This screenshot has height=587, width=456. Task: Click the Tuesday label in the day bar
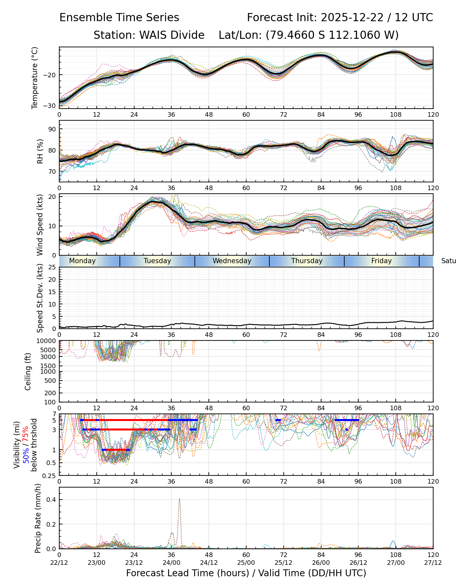pos(157,261)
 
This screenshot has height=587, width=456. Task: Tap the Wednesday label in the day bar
pos(232,261)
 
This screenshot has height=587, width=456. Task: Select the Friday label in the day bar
pos(381,261)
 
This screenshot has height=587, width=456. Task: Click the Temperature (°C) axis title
pos(35,78)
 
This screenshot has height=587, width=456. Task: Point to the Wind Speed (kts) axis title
pos(40,225)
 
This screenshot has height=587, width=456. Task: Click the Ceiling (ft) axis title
pos(28,371)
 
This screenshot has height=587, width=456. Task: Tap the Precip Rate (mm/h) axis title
pos(38,518)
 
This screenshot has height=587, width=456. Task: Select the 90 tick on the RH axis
pos(52,129)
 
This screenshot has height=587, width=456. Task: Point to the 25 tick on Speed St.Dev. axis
pos(52,267)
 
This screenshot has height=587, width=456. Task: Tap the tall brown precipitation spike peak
pos(179,499)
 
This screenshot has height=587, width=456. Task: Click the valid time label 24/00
pos(171,563)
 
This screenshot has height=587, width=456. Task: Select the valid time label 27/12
pos(433,563)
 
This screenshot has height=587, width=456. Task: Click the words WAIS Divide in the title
pos(172,35)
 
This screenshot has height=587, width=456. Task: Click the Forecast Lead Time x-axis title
pos(246,573)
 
